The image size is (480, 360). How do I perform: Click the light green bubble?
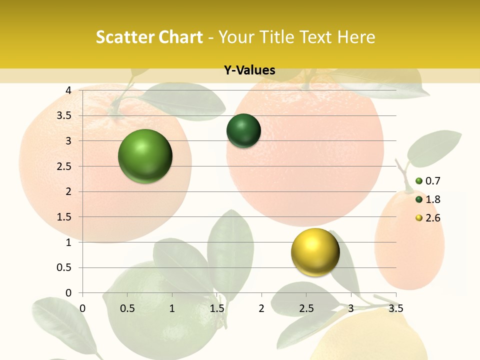pos(145,156)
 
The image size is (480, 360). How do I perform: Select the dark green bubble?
pos(243,131)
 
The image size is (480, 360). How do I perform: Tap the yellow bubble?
pos(315,252)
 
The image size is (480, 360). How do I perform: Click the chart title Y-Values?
pos(249,70)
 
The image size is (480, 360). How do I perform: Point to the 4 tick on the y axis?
pos(68,90)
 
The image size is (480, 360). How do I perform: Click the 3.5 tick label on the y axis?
pos(65,115)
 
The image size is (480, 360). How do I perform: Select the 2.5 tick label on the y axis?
pos(65,166)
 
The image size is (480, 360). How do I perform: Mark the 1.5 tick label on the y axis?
pos(65,217)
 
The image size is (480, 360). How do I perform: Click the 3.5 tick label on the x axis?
pos(395,308)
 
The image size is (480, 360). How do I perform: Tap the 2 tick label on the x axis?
pos(261,308)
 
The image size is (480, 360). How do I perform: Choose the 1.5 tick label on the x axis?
pos(216,308)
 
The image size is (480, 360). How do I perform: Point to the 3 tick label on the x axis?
pos(351,308)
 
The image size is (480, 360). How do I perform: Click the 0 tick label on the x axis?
pos(82,308)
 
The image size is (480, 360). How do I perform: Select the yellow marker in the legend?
pos(419,218)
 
